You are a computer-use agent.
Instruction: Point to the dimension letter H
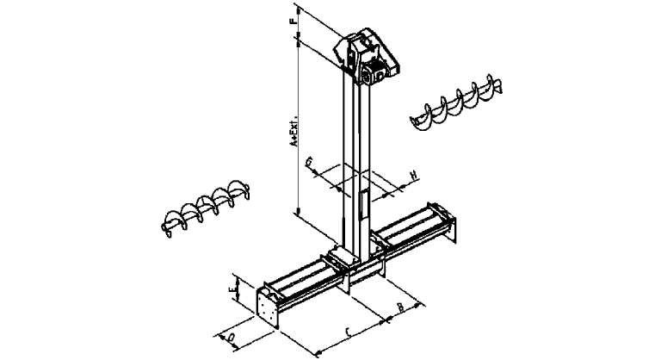[413, 177]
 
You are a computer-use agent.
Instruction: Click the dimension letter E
[232, 291]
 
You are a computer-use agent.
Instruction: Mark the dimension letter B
[401, 307]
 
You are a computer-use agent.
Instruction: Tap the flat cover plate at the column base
[339, 255]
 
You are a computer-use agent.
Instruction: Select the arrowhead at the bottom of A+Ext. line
[296, 211]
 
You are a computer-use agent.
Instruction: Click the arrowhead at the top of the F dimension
[296, 6]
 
